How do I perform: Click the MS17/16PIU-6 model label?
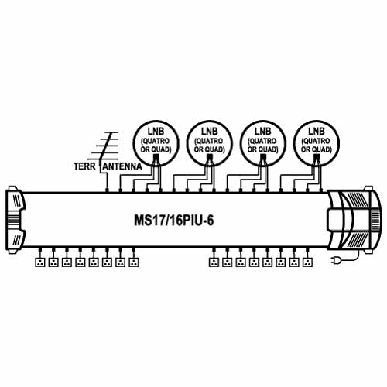click(x=174, y=221)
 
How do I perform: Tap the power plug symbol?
click(x=335, y=261)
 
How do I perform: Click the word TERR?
click(x=84, y=166)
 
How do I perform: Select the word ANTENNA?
click(x=122, y=166)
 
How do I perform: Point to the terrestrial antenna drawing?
click(x=104, y=149)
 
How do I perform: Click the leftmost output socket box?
click(x=40, y=262)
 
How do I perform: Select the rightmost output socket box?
click(x=307, y=262)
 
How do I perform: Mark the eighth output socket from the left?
click(x=134, y=262)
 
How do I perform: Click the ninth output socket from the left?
click(x=214, y=262)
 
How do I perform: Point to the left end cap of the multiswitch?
click(x=15, y=220)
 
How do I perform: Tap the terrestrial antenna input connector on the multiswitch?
click(x=107, y=190)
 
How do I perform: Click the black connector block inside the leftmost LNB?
click(x=156, y=157)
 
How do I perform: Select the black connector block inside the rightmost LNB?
click(x=317, y=157)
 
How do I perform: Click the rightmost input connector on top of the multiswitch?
click(x=321, y=190)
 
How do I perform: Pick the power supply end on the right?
click(x=354, y=220)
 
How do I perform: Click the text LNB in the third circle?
click(x=263, y=132)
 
